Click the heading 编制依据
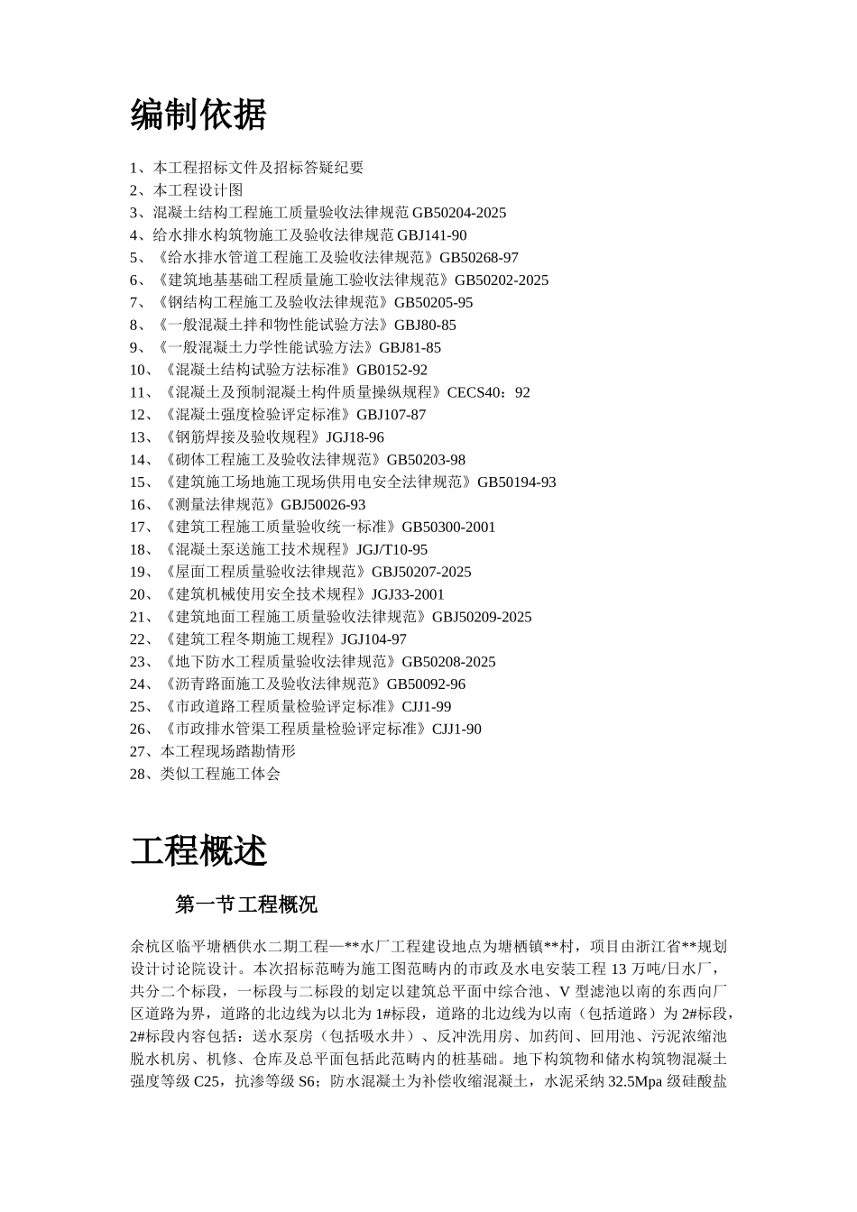pos(198,115)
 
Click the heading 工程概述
pos(198,850)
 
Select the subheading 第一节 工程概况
pos(246,904)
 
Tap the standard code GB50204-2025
pos(459,213)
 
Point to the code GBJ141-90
pos(432,235)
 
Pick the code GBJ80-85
pos(424,326)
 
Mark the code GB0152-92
pos(392,370)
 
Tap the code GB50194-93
pos(516,482)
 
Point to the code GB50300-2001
pos(448,528)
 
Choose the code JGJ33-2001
pos(408,594)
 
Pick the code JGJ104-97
pos(373,639)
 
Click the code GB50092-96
pos(426,684)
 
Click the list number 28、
pos(144,774)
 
